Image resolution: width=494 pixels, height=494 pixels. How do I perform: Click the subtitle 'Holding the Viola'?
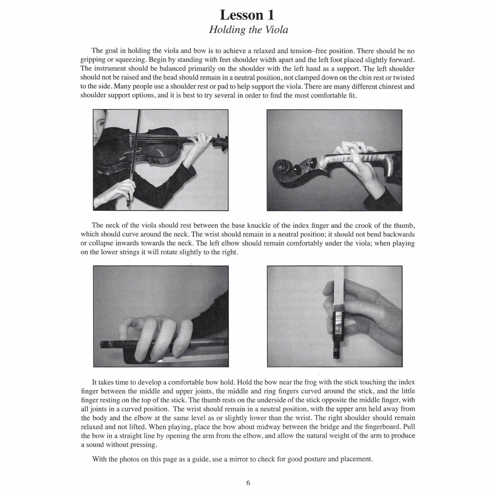248,30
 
